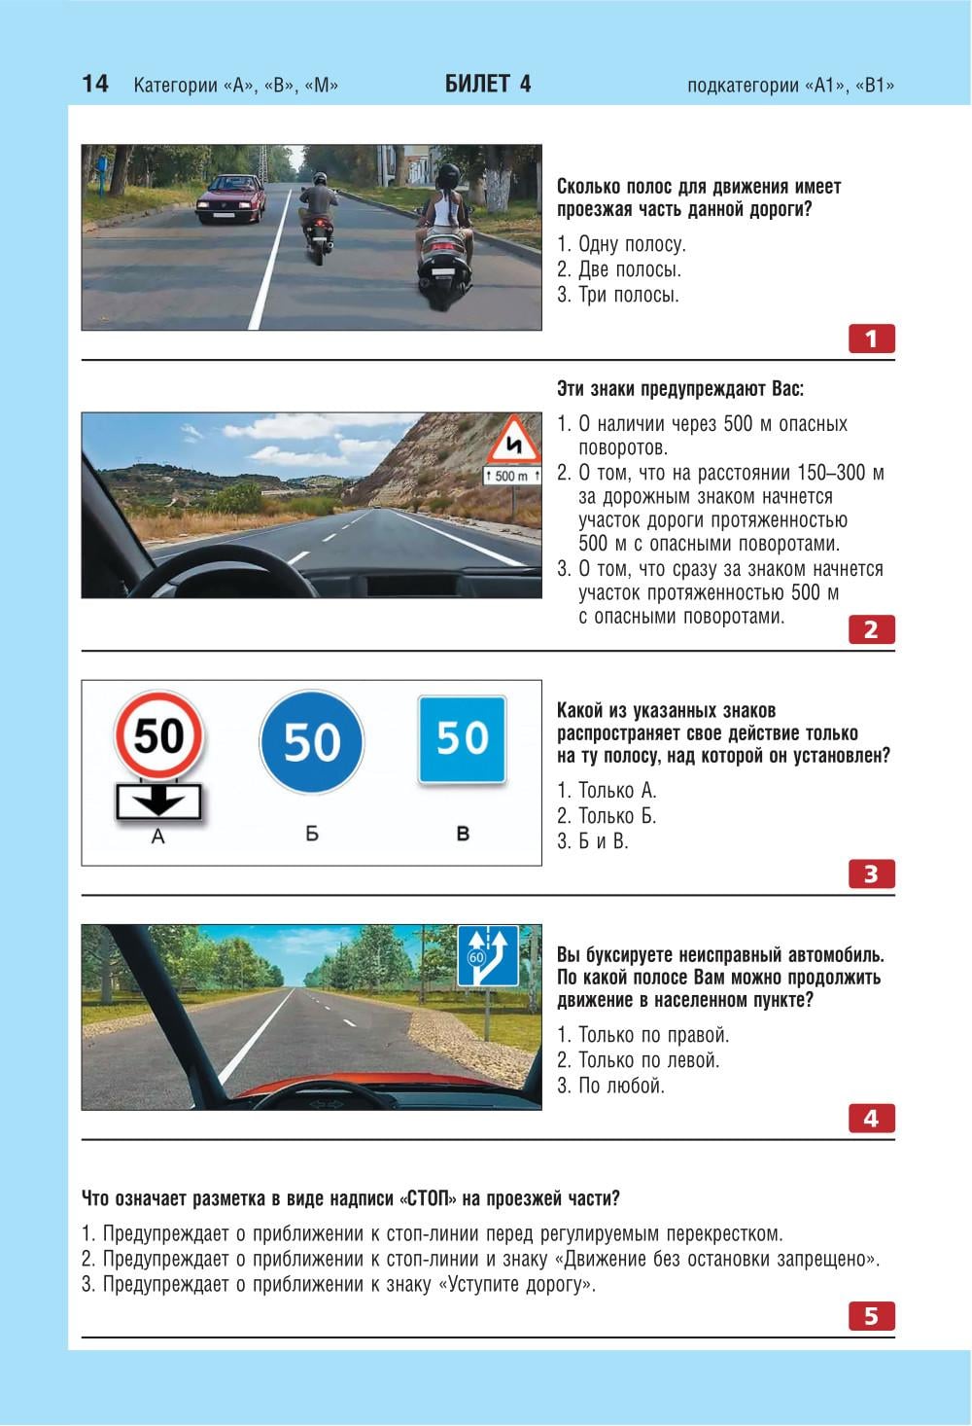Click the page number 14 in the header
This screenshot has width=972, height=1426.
coord(95,84)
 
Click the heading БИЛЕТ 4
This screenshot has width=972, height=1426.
coord(487,84)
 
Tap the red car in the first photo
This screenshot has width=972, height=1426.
coord(231,198)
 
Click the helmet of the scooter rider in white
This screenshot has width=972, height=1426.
coord(448,175)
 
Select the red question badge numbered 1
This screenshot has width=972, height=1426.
coord(872,339)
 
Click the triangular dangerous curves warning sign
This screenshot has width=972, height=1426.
coord(513,441)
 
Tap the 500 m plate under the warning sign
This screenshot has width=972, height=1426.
coord(512,476)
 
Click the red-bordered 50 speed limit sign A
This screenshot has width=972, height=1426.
coord(158,735)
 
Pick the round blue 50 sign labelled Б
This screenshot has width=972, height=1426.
coord(311,741)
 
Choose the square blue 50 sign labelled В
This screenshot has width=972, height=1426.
coord(462,739)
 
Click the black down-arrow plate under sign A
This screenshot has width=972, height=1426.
coord(158,802)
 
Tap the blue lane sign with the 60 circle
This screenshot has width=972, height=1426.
coord(488,956)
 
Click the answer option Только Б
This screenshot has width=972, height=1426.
coord(607,815)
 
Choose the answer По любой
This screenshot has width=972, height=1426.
coord(610,1086)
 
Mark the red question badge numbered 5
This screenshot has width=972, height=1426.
coord(872,1316)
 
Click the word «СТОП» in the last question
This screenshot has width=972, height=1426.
coord(429,1198)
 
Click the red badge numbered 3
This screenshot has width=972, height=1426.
coord(872,873)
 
